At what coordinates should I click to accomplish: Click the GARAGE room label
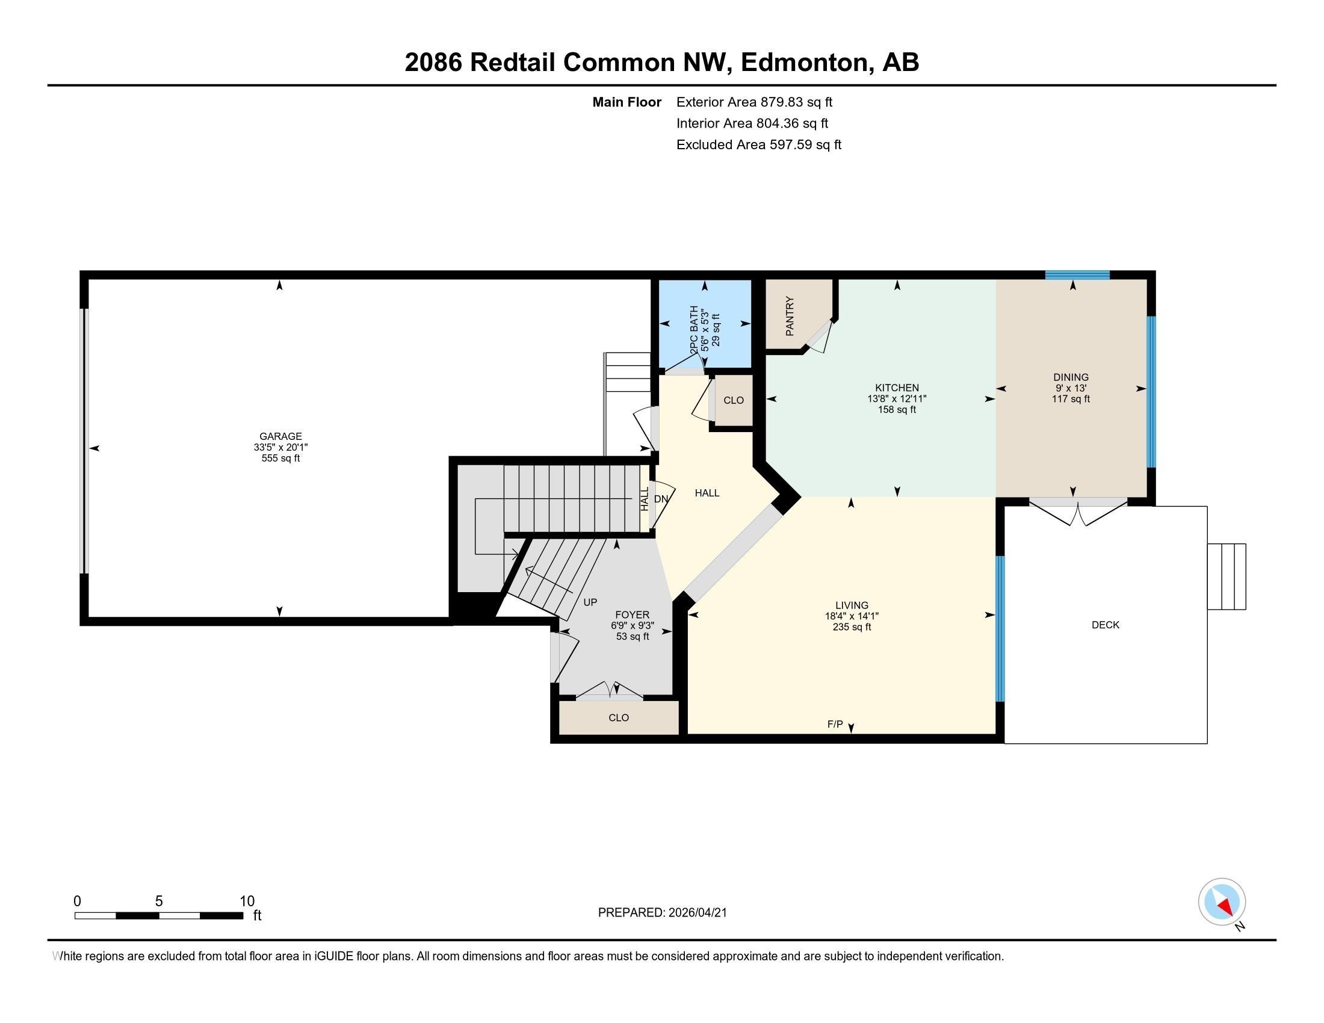click(x=280, y=436)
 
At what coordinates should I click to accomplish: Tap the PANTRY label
click(x=790, y=316)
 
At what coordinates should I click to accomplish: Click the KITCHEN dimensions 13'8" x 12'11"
click(x=897, y=399)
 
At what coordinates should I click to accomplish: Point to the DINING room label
click(x=1071, y=377)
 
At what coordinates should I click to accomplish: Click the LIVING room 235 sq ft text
click(x=851, y=626)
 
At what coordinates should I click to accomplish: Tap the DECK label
click(x=1104, y=625)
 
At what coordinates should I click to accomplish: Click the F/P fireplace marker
click(x=835, y=723)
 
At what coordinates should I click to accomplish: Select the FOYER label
click(x=632, y=614)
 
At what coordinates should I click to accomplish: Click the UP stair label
click(x=590, y=602)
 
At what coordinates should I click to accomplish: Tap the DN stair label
click(x=661, y=499)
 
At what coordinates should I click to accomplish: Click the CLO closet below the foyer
click(x=618, y=717)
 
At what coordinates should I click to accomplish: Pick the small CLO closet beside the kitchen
click(x=733, y=400)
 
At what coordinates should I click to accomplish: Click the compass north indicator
click(x=1222, y=902)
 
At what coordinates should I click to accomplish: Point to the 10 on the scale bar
click(x=247, y=901)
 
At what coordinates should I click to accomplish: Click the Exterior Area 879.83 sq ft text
click(x=753, y=102)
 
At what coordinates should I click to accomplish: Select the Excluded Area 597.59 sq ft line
click(x=758, y=144)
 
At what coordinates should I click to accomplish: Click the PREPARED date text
click(x=662, y=912)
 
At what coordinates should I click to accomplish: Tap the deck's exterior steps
click(x=1227, y=576)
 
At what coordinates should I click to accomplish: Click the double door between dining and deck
click(x=1078, y=511)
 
